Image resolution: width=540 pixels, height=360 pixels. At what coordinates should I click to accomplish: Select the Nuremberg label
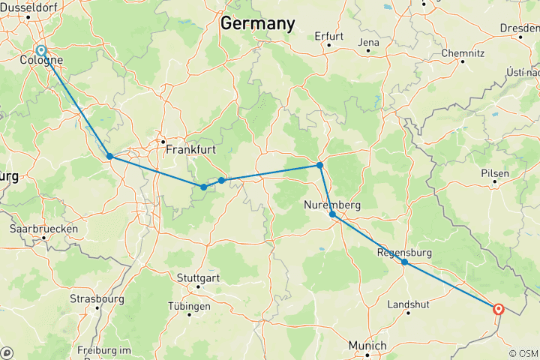point(333,205)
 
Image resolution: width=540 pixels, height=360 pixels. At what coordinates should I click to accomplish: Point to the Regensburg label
point(406,253)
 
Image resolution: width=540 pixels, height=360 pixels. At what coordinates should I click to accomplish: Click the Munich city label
point(367,346)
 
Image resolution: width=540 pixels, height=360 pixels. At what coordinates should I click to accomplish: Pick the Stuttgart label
point(198,277)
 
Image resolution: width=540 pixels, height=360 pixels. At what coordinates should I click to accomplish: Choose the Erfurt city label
point(329,35)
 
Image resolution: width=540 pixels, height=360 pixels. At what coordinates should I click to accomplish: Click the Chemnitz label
point(463,53)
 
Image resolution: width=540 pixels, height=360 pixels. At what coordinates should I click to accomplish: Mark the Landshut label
point(407,304)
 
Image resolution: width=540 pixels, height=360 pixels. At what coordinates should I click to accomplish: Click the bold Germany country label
point(257,23)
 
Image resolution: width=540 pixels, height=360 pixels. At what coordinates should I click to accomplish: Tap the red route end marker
point(498,308)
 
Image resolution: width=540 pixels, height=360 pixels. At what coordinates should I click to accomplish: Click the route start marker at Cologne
point(41,50)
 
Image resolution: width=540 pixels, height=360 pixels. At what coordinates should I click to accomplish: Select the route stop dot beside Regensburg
point(404,262)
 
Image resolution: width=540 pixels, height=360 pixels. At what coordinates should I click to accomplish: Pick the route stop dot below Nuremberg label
point(333,214)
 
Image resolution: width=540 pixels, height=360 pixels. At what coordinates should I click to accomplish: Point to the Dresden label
point(519,28)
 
